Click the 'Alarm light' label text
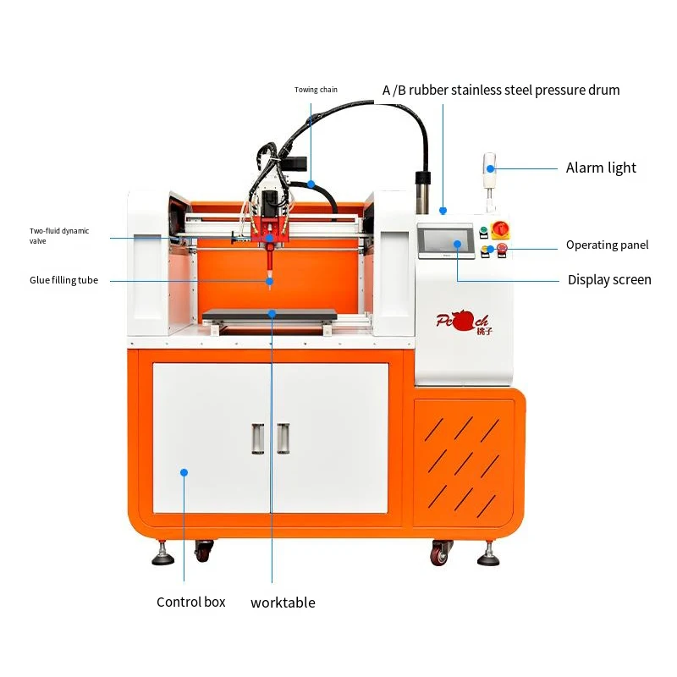(601, 168)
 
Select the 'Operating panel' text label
(607, 245)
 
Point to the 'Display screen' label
(609, 280)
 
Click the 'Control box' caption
(191, 603)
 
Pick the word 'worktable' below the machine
(283, 603)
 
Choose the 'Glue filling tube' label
(64, 280)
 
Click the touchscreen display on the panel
(446, 240)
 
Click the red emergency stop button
(501, 248)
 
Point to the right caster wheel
(439, 554)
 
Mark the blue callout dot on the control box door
(184, 472)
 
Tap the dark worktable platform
(270, 314)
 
